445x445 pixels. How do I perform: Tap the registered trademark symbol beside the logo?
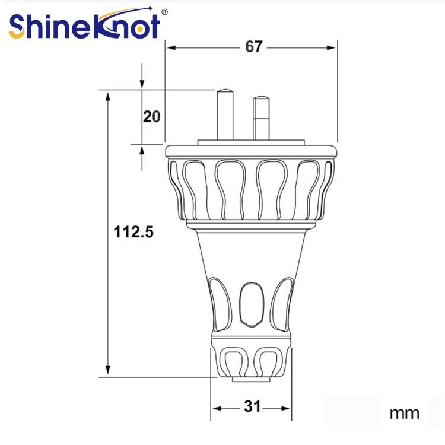(x=164, y=12)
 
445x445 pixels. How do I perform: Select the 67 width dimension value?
(x=253, y=46)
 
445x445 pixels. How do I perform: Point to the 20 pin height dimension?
(x=151, y=116)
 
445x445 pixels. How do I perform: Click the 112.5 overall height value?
(x=133, y=231)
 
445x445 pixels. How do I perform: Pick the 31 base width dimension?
(x=252, y=406)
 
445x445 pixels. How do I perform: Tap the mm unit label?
(x=405, y=413)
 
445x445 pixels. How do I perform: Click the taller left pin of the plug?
(x=225, y=115)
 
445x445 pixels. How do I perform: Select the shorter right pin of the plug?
(x=261, y=118)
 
